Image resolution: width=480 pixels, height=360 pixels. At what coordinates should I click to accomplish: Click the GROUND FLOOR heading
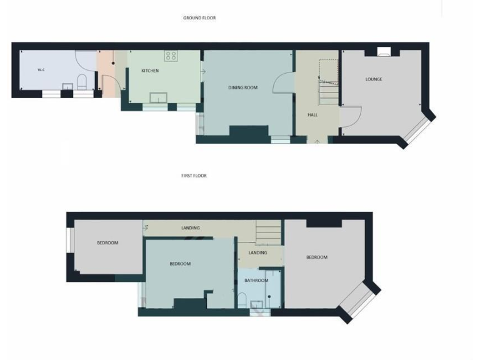[199, 18]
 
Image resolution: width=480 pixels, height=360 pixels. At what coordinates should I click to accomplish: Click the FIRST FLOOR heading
[194, 176]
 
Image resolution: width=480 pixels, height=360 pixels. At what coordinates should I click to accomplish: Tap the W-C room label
[41, 70]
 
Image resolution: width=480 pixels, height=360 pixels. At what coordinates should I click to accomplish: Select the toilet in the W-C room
[81, 82]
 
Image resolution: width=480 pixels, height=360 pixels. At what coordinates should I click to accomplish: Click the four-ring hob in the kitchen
[171, 56]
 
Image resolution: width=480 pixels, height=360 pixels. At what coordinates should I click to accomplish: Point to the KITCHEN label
[150, 71]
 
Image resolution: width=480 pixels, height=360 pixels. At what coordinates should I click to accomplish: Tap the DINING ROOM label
[242, 87]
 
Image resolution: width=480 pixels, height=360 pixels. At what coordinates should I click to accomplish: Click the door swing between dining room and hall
[282, 83]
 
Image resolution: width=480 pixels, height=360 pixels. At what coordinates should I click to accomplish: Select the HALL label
[312, 115]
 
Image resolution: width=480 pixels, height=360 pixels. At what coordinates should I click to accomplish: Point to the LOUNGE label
[374, 79]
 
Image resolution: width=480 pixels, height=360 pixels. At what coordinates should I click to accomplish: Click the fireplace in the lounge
[384, 52]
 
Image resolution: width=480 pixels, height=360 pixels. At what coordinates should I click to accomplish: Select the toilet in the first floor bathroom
[242, 299]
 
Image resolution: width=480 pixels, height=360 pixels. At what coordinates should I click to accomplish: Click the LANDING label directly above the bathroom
[257, 252]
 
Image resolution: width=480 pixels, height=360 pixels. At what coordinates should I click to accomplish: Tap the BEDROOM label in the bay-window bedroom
[317, 257]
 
